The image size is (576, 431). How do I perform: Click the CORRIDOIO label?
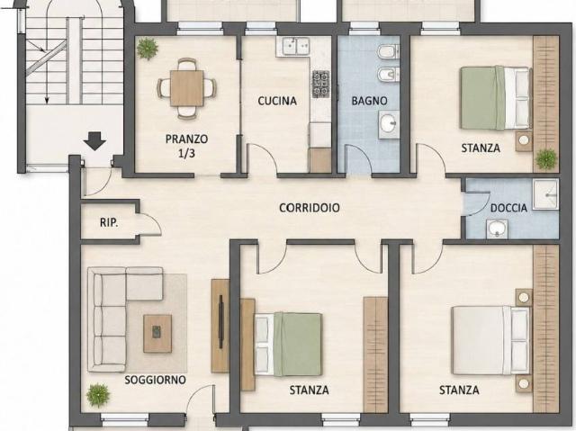[x=310, y=208]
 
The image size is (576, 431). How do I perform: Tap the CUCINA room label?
[x=277, y=101]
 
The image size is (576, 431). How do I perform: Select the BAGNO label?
[x=369, y=101]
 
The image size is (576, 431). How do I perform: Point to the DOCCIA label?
[x=508, y=208]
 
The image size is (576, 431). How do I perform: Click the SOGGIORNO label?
[x=155, y=380]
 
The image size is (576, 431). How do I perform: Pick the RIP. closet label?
[x=109, y=222]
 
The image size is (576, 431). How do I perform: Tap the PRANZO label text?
[x=186, y=139]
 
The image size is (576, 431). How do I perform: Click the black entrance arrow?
[x=94, y=141]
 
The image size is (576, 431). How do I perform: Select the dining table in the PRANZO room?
[x=186, y=88]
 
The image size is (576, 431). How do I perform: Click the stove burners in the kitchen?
[x=320, y=84]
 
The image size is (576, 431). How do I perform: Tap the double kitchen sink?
[x=296, y=46]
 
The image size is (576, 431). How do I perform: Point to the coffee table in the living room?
[x=157, y=333]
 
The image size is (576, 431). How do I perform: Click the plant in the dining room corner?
[x=148, y=48]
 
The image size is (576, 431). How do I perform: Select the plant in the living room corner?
[x=98, y=395]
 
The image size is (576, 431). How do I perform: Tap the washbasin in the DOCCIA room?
[x=498, y=229]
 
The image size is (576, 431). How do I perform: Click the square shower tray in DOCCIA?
[x=546, y=194]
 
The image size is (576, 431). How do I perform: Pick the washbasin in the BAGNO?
[x=389, y=124]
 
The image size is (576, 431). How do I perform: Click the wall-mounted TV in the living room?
[x=220, y=321]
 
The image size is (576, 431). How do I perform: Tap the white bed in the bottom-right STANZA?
[x=490, y=339]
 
